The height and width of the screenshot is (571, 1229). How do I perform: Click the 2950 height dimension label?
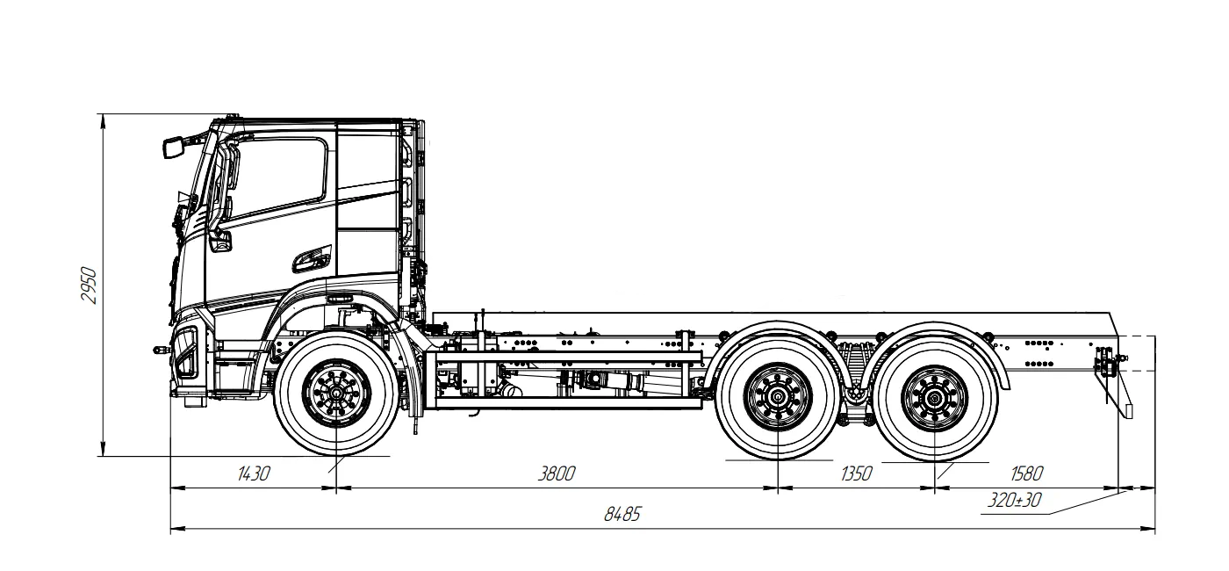coord(89,285)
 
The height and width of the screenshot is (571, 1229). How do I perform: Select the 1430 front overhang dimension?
coord(254,474)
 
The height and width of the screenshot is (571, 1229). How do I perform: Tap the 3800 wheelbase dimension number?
coord(557,474)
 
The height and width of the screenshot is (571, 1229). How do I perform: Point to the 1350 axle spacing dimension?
coord(856,474)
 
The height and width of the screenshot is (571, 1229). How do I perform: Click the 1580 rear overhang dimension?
coord(1026,474)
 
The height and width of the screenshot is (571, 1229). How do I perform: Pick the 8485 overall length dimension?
coord(622,515)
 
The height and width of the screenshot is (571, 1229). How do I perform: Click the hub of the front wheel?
coord(336,392)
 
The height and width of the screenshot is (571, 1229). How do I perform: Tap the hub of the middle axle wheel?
coord(778,397)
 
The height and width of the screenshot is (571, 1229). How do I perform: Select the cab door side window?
coord(281,176)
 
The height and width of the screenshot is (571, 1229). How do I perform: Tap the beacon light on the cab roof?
coord(233,117)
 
